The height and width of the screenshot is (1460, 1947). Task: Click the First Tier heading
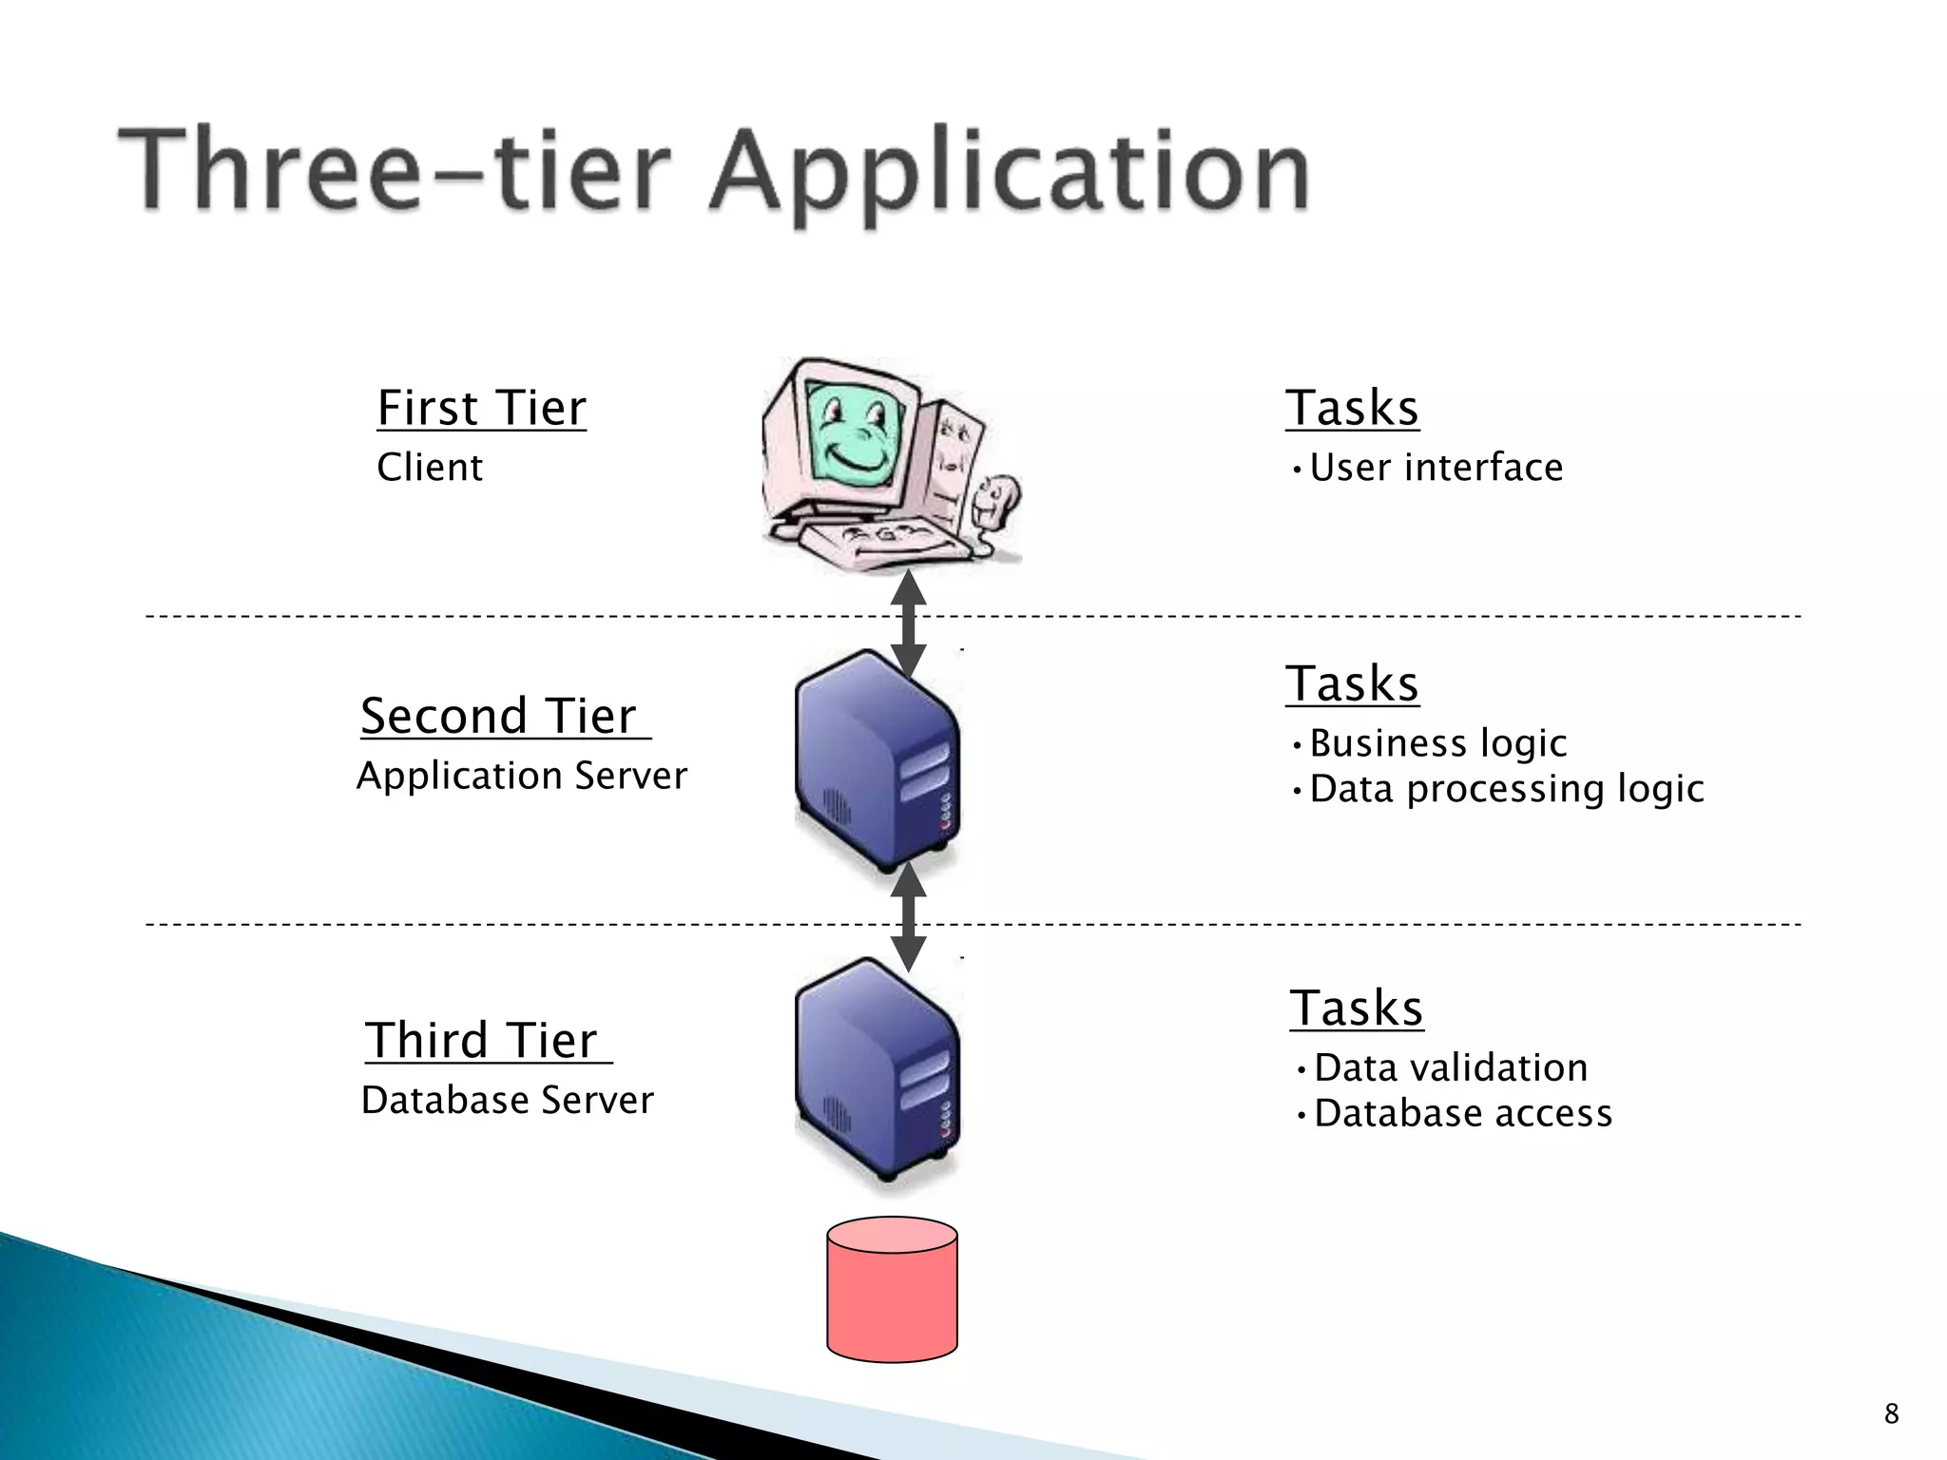(x=481, y=409)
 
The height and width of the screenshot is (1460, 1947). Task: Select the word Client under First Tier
(x=430, y=468)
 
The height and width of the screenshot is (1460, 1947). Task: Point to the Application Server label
(x=521, y=776)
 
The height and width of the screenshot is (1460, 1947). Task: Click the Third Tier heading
(x=484, y=1040)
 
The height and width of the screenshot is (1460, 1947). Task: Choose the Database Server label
(x=508, y=1101)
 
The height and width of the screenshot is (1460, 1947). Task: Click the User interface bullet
(x=1436, y=468)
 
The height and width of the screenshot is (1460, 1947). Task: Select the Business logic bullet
(x=1437, y=743)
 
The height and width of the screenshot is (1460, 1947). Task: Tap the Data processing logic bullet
(x=1506, y=789)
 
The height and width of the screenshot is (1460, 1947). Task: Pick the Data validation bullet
(x=1450, y=1068)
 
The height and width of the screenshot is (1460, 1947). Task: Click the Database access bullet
(x=1462, y=1113)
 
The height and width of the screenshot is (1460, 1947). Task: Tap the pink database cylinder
(x=892, y=1291)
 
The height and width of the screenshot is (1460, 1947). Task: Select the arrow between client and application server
(x=908, y=625)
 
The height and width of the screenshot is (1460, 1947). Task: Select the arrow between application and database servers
(x=908, y=918)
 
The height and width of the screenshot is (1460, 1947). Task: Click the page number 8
(x=1891, y=1413)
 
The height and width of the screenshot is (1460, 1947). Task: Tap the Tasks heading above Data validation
(x=1356, y=1009)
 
